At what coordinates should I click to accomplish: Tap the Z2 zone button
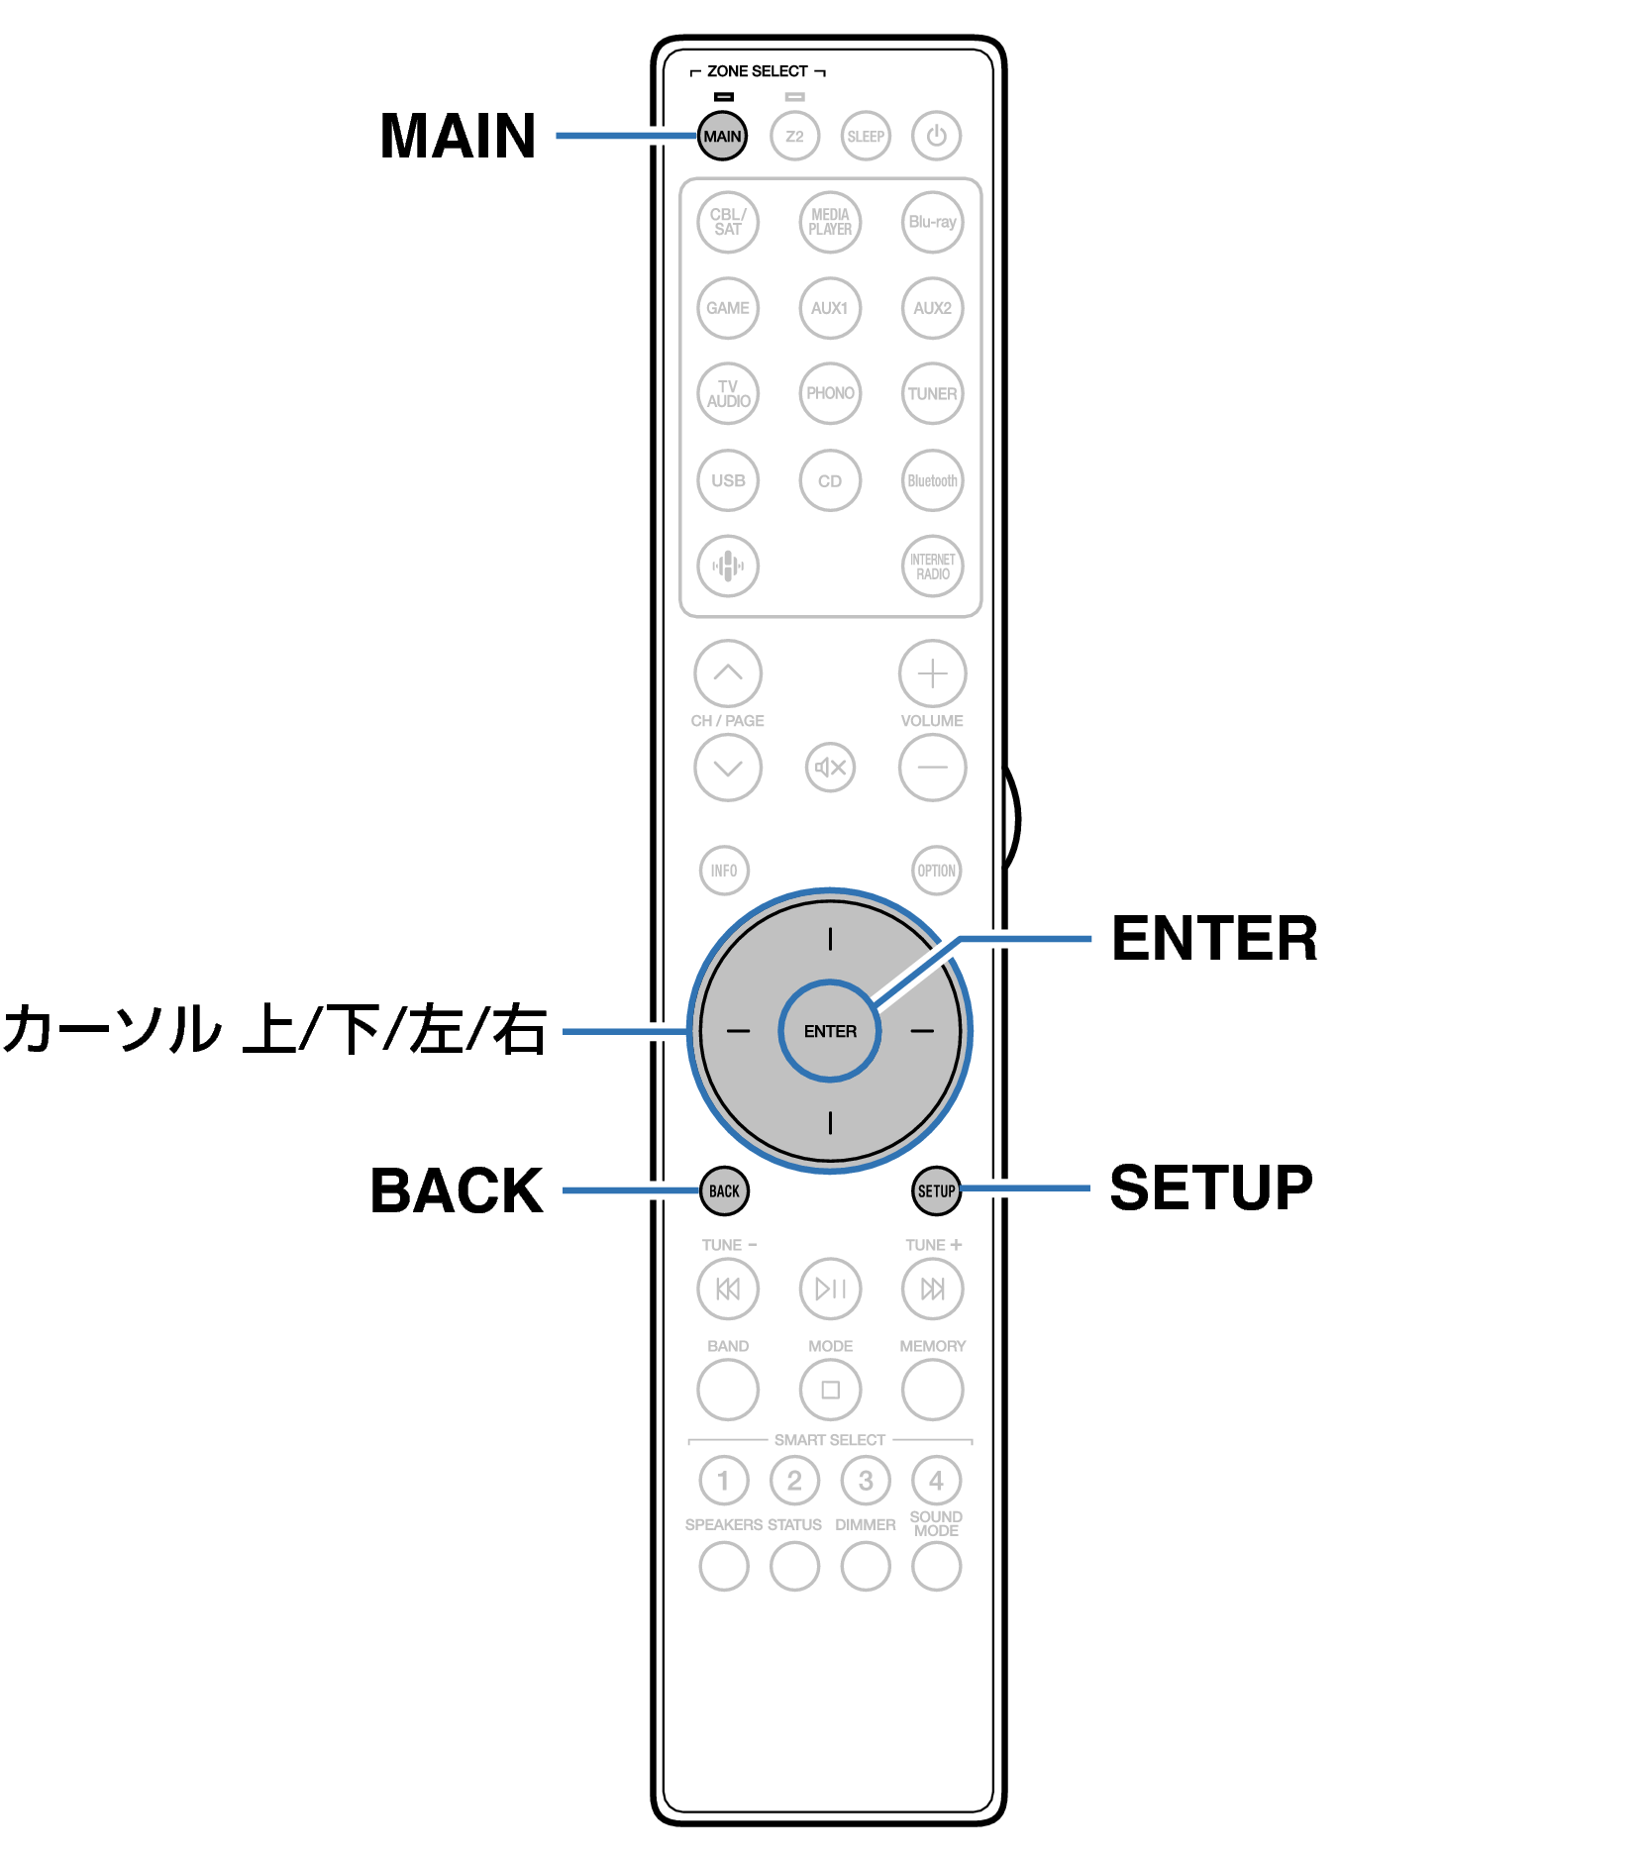794,136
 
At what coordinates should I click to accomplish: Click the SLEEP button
866,136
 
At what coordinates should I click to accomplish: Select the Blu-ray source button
933,222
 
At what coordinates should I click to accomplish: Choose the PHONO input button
830,393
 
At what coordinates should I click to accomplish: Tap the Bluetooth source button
933,480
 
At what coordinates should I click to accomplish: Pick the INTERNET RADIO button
933,567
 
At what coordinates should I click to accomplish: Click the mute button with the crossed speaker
830,767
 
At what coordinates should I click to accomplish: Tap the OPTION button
936,871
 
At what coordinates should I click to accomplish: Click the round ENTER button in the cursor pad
830,1031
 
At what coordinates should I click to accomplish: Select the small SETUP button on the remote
936,1190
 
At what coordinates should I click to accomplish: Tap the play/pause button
830,1289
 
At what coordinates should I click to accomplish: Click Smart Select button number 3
866,1481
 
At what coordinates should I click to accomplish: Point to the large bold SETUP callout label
1211,1188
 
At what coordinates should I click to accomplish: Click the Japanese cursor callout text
274,1029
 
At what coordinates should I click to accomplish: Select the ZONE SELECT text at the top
758,71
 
